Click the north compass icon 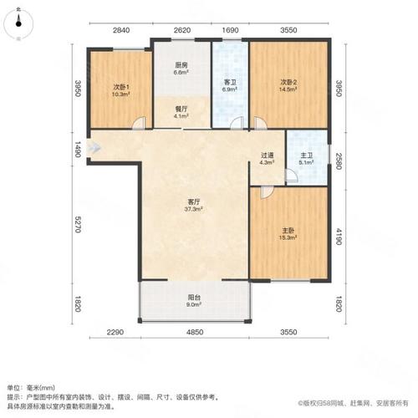pos(18,23)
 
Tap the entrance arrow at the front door pos(94,148)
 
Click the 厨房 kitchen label pos(181,65)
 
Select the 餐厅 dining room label pos(181,110)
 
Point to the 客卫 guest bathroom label pos(230,83)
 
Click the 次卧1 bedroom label pos(121,87)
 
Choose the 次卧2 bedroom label pos(288,83)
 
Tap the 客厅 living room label pos(193,201)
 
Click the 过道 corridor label pos(267,155)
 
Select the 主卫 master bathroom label pos(306,155)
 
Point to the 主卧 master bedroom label pos(288,231)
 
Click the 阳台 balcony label pos(194,298)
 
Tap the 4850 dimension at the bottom pos(195,332)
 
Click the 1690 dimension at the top pos(230,30)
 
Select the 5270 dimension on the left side pos(78,224)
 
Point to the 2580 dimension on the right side pos(339,161)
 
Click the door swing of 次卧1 pos(140,124)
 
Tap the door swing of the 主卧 pos(267,193)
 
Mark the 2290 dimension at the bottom pos(115,332)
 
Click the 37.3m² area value pos(193,209)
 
